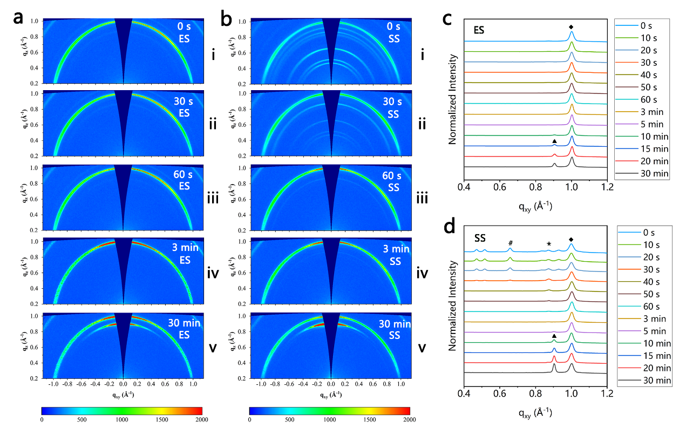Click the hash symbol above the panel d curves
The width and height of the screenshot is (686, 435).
(x=510, y=244)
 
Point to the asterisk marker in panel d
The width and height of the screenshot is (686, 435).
(x=549, y=244)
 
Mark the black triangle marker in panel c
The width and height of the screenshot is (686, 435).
(x=554, y=141)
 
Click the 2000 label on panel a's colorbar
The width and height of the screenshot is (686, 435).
(x=201, y=419)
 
